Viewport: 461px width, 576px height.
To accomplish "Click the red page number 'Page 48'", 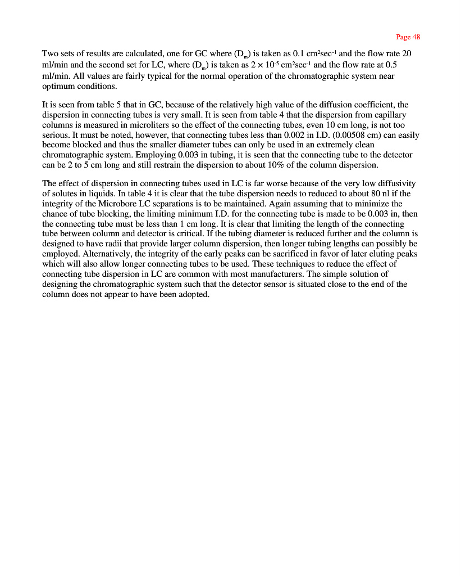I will point(408,37).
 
